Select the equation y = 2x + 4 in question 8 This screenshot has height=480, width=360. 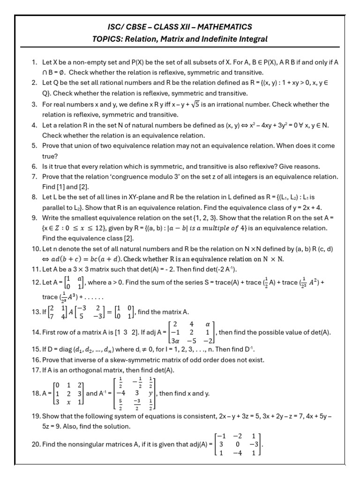(301, 208)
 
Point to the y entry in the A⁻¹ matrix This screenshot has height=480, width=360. (152, 393)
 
